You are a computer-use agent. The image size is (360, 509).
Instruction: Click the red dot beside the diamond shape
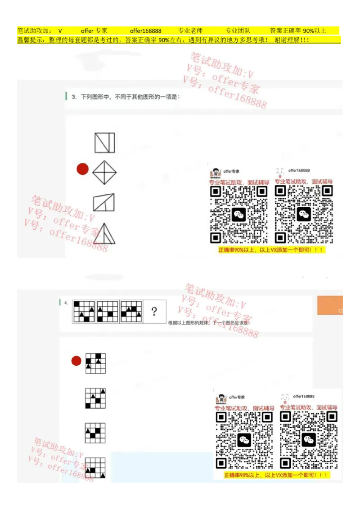(82, 169)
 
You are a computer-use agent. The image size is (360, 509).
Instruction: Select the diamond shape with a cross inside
(104, 172)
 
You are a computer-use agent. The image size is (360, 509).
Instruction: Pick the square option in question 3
(104, 143)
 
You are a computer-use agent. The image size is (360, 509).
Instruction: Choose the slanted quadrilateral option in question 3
(104, 202)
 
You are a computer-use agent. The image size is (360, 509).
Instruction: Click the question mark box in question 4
(154, 311)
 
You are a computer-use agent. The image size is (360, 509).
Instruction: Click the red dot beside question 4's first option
(76, 361)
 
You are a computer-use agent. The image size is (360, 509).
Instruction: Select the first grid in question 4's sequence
(84, 311)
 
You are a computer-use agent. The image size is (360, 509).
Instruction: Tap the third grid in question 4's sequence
(131, 311)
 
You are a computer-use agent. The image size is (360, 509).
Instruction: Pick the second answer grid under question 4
(95, 398)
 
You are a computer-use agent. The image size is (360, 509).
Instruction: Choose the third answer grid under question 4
(95, 433)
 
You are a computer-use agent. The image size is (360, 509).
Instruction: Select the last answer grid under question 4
(95, 468)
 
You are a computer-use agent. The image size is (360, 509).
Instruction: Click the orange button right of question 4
(331, 305)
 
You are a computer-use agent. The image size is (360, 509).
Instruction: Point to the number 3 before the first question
(74, 97)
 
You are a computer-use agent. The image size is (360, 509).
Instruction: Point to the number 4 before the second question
(66, 303)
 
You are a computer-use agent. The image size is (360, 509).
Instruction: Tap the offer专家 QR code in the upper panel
(239, 214)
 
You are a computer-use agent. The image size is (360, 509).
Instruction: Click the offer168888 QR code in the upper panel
(304, 214)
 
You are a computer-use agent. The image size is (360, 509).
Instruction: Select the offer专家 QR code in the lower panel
(244, 440)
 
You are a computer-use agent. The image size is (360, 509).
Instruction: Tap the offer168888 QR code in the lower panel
(309, 440)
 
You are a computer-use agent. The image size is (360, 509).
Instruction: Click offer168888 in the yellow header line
(145, 31)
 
